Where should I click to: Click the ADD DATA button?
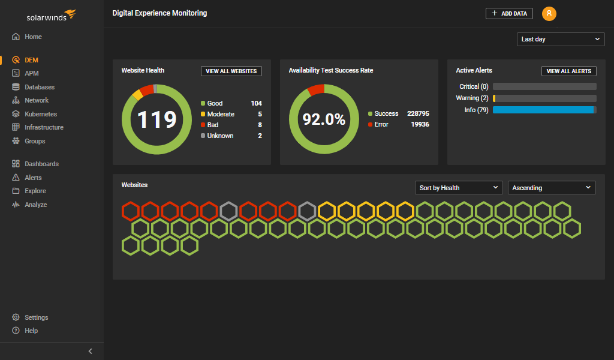point(509,13)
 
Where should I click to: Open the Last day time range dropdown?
point(561,39)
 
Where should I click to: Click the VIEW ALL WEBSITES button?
point(231,71)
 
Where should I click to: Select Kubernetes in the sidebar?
point(40,114)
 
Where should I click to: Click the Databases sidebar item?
point(39,87)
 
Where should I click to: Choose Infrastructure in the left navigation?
point(43,127)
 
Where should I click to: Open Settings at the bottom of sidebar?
point(36,317)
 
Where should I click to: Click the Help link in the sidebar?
point(31,331)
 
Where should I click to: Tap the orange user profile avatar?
point(549,13)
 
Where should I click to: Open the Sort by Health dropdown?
point(459,188)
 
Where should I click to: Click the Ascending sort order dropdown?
point(552,188)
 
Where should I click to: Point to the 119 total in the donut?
point(156,119)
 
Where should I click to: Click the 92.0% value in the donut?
point(324,119)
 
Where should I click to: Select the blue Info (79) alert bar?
point(543,110)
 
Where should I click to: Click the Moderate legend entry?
point(221,114)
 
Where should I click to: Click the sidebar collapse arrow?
point(91,351)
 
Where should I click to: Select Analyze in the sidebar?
point(35,205)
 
